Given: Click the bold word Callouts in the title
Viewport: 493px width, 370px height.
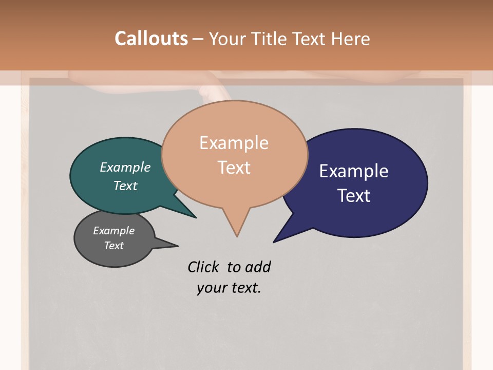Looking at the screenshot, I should [x=151, y=39].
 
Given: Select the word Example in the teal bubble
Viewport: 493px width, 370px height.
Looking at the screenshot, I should [x=125, y=168].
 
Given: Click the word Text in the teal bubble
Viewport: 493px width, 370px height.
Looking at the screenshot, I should [x=125, y=186].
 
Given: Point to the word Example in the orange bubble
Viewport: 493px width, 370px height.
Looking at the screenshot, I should [x=234, y=143].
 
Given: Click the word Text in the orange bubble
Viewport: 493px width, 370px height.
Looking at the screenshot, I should [x=234, y=168].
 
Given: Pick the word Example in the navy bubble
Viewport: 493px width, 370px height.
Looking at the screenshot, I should [x=353, y=171].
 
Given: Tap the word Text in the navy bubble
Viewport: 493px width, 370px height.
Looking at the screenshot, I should [x=353, y=196].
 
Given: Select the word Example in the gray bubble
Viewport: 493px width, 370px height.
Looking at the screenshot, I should [x=113, y=231].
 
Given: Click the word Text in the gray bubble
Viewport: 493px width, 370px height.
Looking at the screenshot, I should [x=113, y=246].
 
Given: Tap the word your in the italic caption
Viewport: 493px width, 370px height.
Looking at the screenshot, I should [x=211, y=288].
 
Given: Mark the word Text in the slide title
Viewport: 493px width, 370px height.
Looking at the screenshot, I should [x=310, y=39].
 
